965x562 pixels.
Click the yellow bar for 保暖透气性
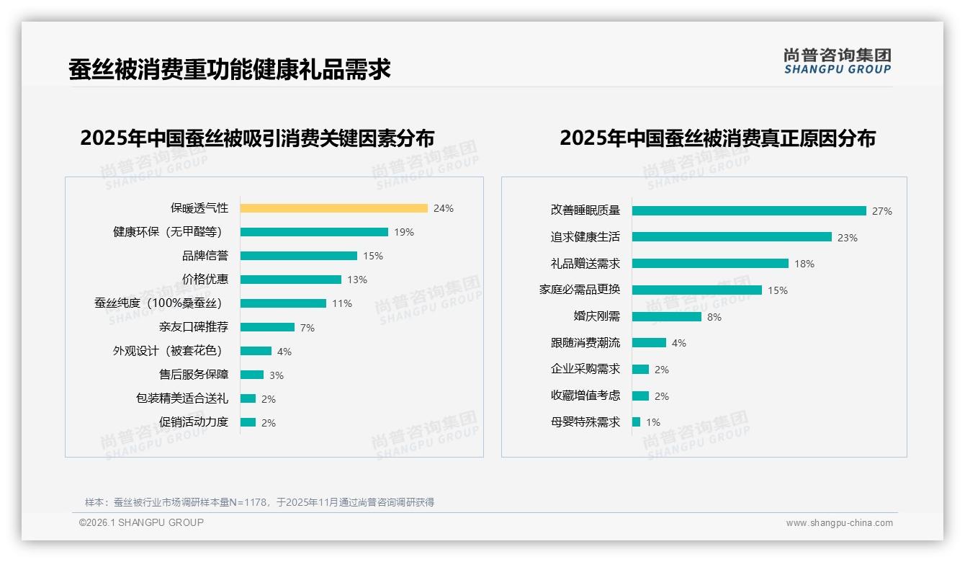pos(333,208)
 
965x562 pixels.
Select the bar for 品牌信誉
pos(298,256)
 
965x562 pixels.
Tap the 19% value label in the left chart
pos(404,232)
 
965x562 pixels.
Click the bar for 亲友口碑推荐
pos(267,327)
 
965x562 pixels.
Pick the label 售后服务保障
pos(193,375)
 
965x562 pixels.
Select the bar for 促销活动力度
pos(248,422)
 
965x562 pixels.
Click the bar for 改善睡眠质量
pos(749,211)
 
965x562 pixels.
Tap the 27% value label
pos(882,211)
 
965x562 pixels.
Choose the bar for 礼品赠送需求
pos(710,264)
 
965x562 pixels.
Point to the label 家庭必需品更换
pos(579,290)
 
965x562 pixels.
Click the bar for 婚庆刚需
pos(666,316)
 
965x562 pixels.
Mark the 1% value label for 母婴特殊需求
pos(653,422)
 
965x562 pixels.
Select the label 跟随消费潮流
pos(585,343)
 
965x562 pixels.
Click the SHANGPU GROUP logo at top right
pos(838,61)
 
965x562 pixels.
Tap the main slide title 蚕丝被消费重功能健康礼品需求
pos(230,69)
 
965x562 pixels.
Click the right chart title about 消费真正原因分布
pos(717,138)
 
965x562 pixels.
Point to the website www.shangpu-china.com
pos(839,523)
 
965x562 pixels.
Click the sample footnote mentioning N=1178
pos(259,502)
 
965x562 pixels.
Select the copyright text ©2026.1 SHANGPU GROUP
pos(141,522)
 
